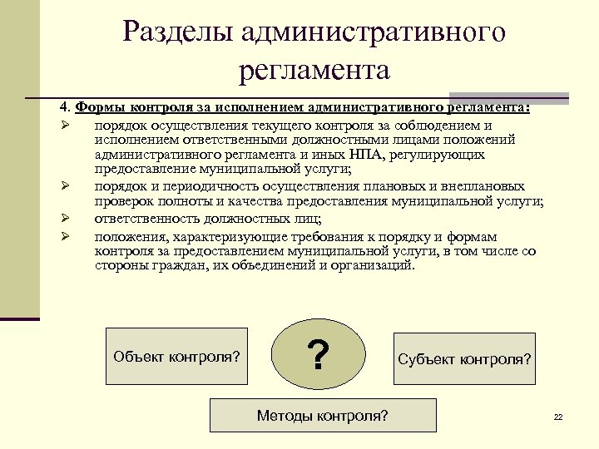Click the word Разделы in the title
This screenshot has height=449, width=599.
pos(178,32)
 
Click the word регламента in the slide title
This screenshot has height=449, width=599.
pos(314,70)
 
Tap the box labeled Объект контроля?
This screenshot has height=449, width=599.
pos(176,357)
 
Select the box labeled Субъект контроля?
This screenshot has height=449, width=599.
pos(464,359)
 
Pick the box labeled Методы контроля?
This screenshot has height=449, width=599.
pos(322,415)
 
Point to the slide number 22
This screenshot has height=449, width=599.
pos(558,417)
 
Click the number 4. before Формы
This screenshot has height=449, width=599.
pos(65,108)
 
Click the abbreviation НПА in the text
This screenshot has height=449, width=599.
pos(359,154)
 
